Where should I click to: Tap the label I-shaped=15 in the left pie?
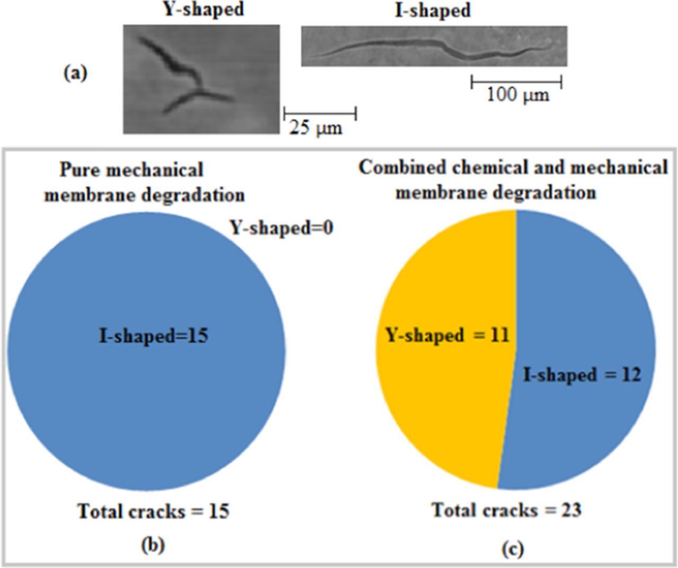click(154, 336)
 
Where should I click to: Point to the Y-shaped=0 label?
click(281, 228)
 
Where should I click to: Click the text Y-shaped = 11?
click(447, 335)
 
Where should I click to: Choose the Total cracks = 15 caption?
click(154, 511)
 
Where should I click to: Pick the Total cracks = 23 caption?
click(506, 510)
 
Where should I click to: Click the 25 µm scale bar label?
click(316, 128)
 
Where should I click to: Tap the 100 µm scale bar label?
click(518, 95)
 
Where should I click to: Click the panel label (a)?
click(75, 73)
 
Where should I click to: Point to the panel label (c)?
click(512, 549)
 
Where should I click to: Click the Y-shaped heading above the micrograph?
click(203, 9)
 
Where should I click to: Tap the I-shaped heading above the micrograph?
click(433, 10)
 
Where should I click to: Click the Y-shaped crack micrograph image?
click(201, 78)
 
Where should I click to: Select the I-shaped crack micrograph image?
click(434, 46)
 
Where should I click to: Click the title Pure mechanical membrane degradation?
click(144, 182)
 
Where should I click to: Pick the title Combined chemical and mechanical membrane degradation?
click(513, 179)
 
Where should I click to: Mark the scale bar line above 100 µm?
click(516, 82)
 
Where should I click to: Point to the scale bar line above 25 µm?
click(320, 113)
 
